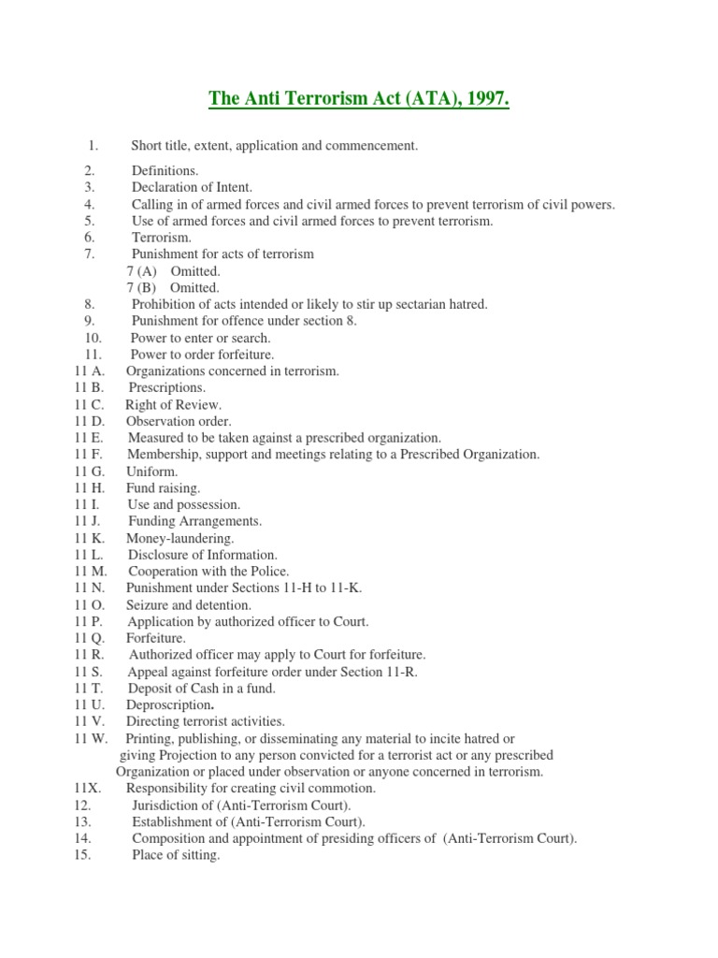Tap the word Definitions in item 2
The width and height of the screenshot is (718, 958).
pyautogui.click(x=165, y=171)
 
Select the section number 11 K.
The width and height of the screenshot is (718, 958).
pyautogui.click(x=89, y=538)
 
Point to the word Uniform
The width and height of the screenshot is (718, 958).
pyautogui.click(x=151, y=472)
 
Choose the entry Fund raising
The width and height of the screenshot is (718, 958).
pyautogui.click(x=163, y=488)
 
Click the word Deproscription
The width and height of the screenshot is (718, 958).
pyautogui.click(x=177, y=704)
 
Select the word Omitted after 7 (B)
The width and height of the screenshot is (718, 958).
pyautogui.click(x=194, y=288)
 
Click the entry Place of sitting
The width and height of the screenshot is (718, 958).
pyautogui.click(x=176, y=855)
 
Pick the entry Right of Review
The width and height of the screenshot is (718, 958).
pyautogui.click(x=173, y=405)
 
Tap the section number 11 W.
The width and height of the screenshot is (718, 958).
pyautogui.click(x=90, y=738)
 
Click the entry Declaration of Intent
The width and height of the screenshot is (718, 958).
pyautogui.click(x=192, y=188)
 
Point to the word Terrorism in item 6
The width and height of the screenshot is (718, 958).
pyautogui.click(x=161, y=238)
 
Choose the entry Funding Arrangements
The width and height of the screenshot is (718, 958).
pyautogui.click(x=195, y=521)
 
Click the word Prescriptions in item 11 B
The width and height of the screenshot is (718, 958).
pyautogui.click(x=166, y=388)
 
